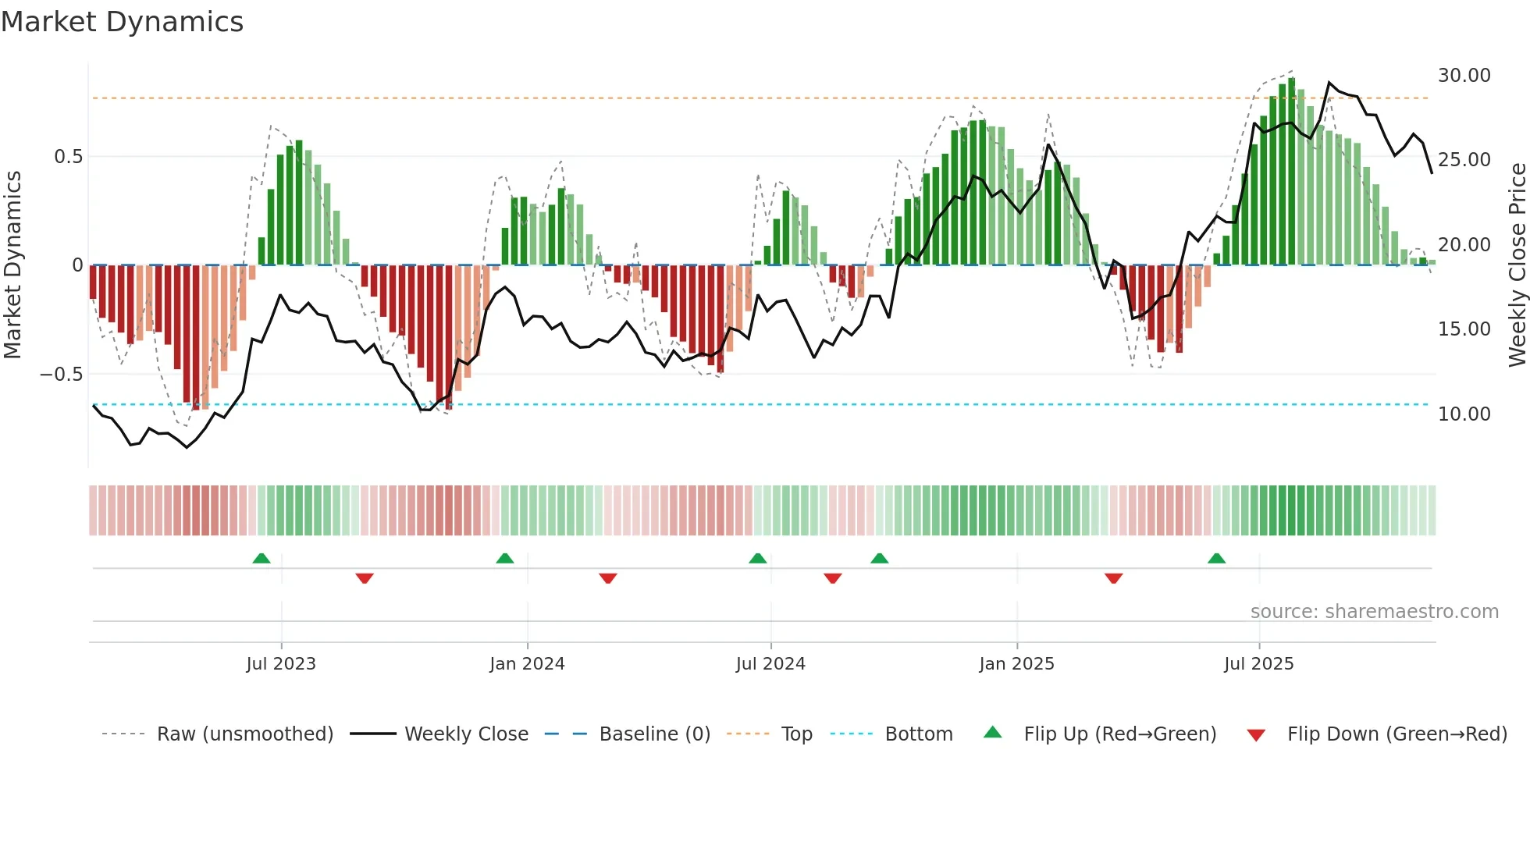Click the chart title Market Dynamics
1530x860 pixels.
(x=122, y=22)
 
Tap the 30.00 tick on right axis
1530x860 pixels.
(x=1464, y=76)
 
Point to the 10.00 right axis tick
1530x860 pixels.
(x=1464, y=414)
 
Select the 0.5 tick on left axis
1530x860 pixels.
(x=68, y=157)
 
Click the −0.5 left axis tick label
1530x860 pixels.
(x=61, y=375)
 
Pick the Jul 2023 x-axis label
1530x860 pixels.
(x=281, y=664)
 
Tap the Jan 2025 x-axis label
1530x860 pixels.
(x=1016, y=664)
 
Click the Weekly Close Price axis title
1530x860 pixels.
(x=1517, y=265)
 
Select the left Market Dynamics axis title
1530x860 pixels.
(x=12, y=265)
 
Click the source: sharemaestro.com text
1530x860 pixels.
(x=1374, y=612)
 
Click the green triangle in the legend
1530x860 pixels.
(x=992, y=733)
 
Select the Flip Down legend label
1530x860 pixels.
(x=1397, y=734)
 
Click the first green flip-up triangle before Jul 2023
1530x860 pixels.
(x=262, y=559)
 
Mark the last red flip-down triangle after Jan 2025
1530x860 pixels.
(x=1114, y=578)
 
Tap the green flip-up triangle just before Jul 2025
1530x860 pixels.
(x=1216, y=559)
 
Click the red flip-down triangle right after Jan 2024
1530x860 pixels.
(x=608, y=578)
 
